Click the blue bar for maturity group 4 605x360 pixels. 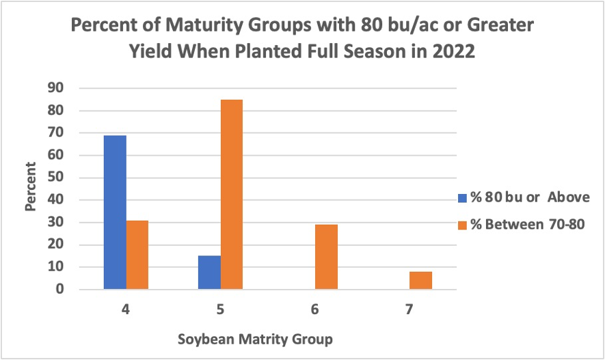[x=115, y=212]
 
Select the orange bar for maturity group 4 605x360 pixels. [x=137, y=255]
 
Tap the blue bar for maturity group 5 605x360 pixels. [x=210, y=273]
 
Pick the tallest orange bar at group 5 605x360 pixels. [x=231, y=195]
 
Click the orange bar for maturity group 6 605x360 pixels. [x=326, y=257]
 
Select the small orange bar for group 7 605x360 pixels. [x=420, y=280]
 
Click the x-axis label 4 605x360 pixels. [x=126, y=309]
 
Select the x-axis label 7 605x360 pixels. [x=409, y=309]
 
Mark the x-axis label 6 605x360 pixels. [x=314, y=309]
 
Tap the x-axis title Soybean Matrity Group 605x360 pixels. [x=255, y=339]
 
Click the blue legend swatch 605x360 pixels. [x=462, y=198]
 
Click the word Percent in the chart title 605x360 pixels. [x=103, y=28]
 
